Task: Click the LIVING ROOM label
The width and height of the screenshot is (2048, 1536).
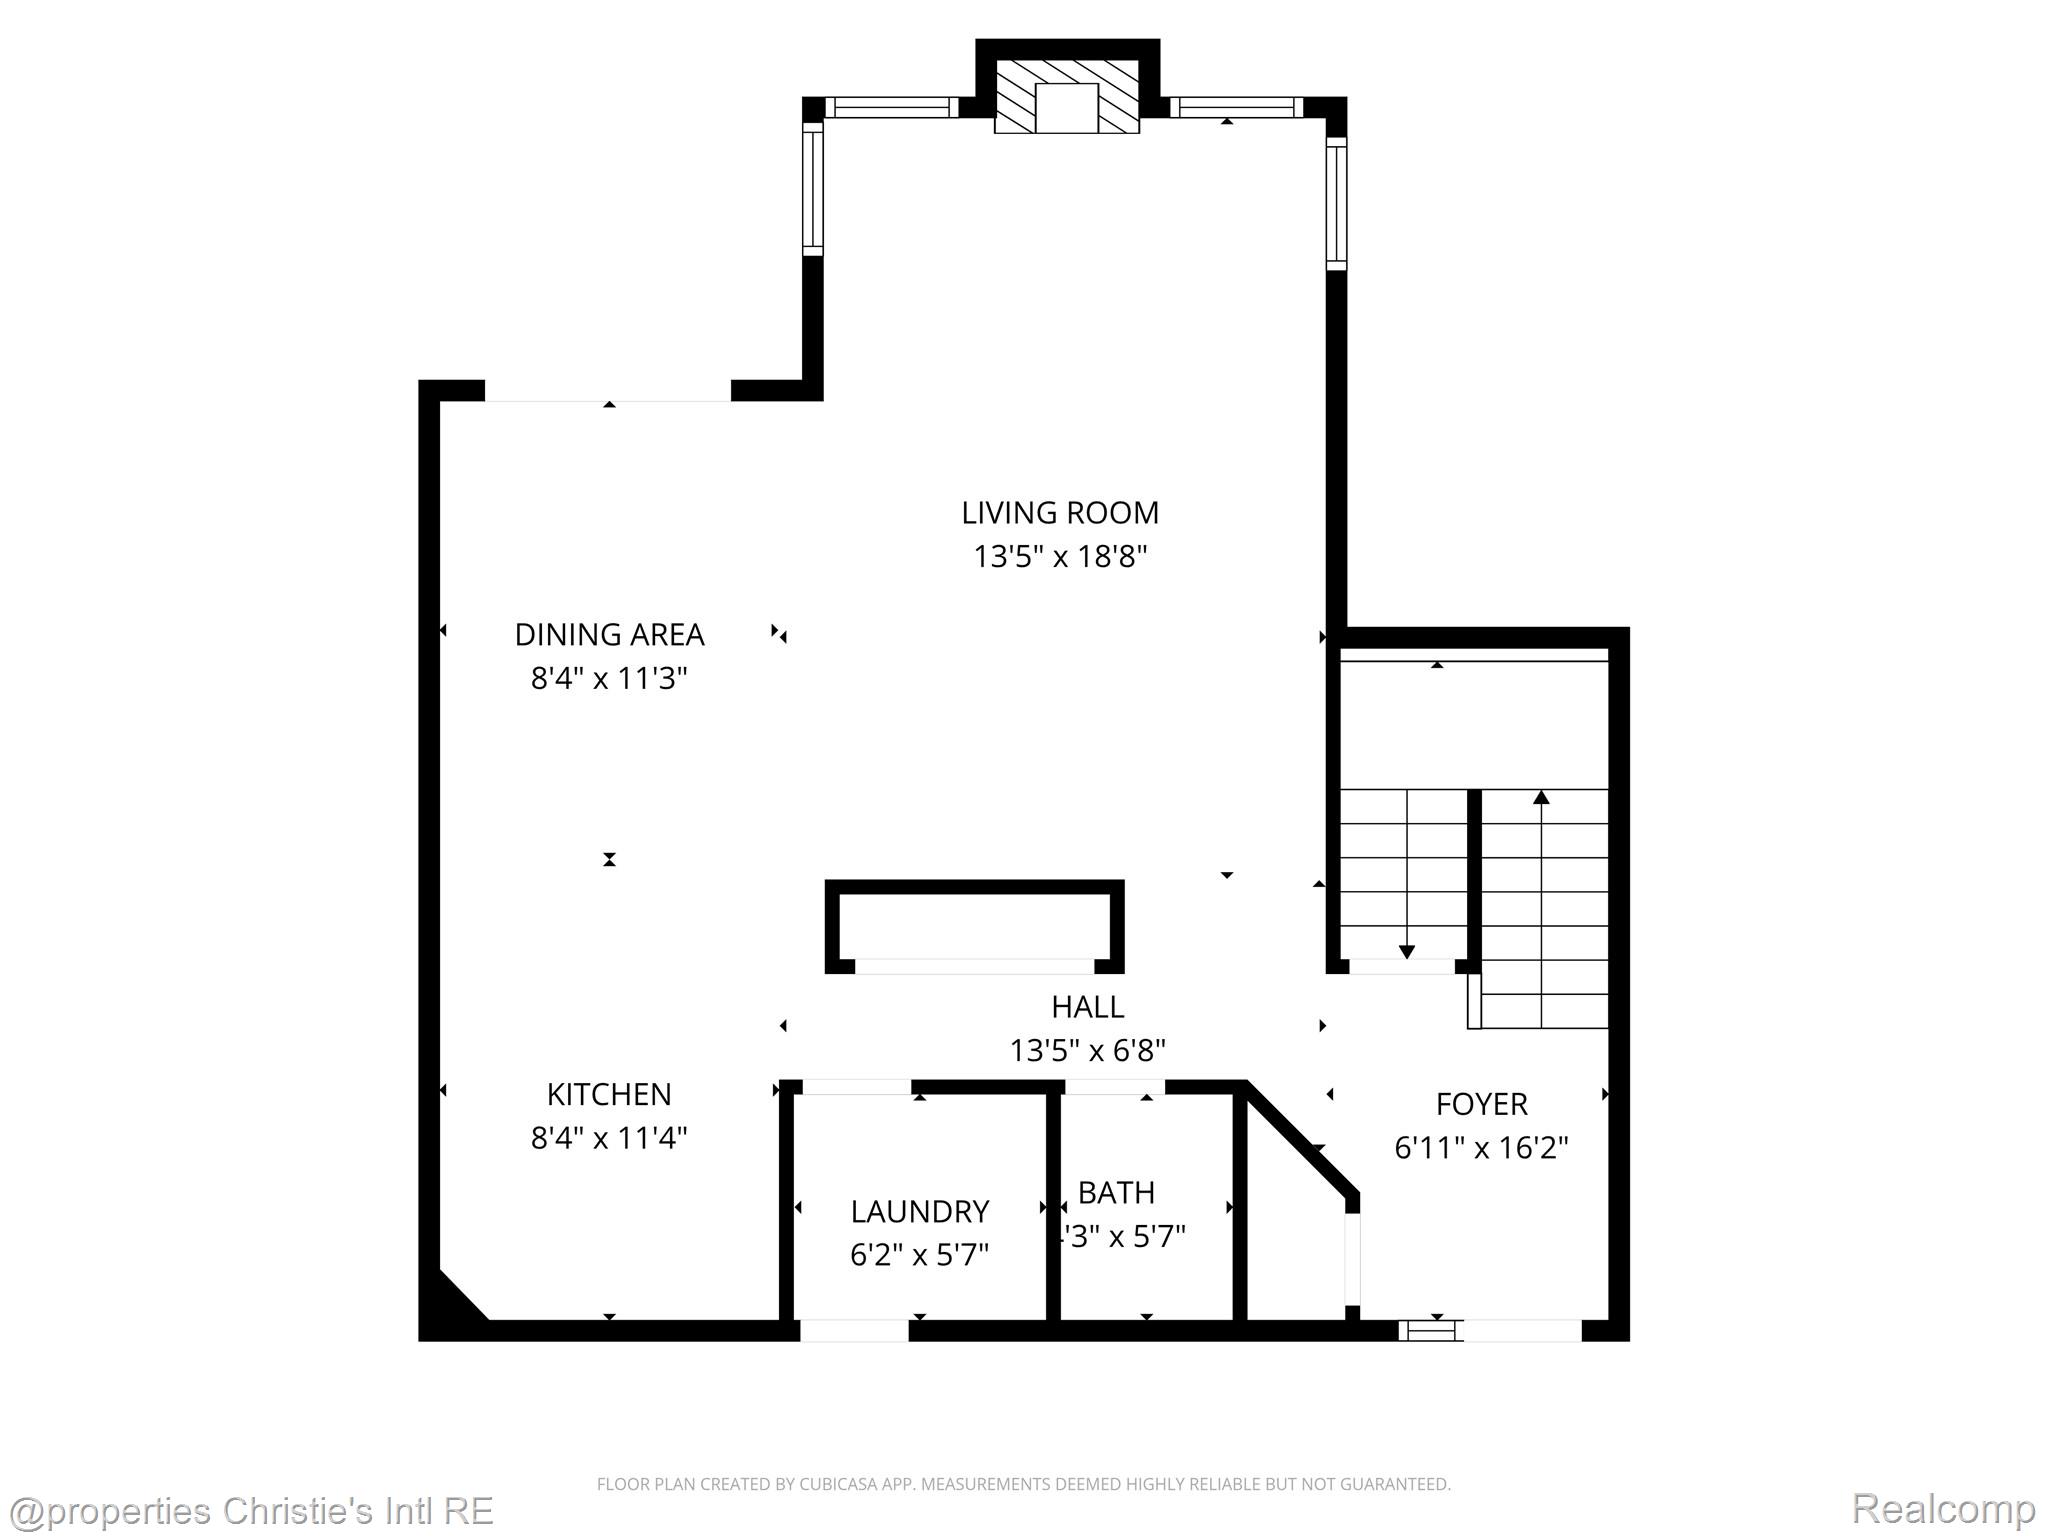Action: [x=1060, y=513]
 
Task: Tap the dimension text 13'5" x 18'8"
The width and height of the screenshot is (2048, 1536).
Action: [x=1060, y=556]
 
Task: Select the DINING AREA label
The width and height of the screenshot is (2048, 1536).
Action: [x=609, y=635]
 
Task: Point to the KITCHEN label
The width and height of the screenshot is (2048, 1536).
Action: [x=609, y=1094]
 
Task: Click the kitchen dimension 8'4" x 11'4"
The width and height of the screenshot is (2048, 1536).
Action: [x=609, y=1138]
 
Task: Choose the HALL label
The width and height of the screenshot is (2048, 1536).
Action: [x=1087, y=1006]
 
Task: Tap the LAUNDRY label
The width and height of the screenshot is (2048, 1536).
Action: [x=919, y=1211]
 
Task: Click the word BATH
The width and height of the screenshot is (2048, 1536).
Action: [x=1116, y=1192]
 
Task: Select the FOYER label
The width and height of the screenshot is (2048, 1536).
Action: [x=1481, y=1104]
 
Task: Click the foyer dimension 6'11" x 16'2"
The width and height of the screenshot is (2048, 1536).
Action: [x=1481, y=1147]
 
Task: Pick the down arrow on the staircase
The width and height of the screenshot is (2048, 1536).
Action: [x=1406, y=951]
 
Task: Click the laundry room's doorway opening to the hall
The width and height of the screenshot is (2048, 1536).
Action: [x=857, y=1087]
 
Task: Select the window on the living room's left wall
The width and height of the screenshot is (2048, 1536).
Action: [x=812, y=188]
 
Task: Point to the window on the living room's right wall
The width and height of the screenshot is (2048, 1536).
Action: [x=1336, y=203]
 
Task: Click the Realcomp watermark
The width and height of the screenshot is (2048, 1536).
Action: [x=1943, y=1508]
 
